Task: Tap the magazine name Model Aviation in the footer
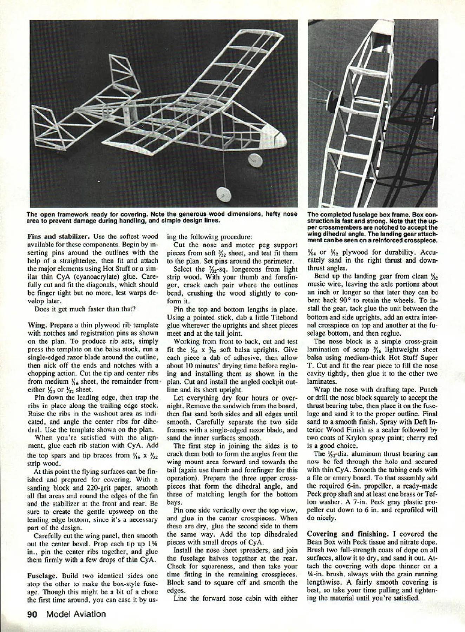(76, 614)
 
